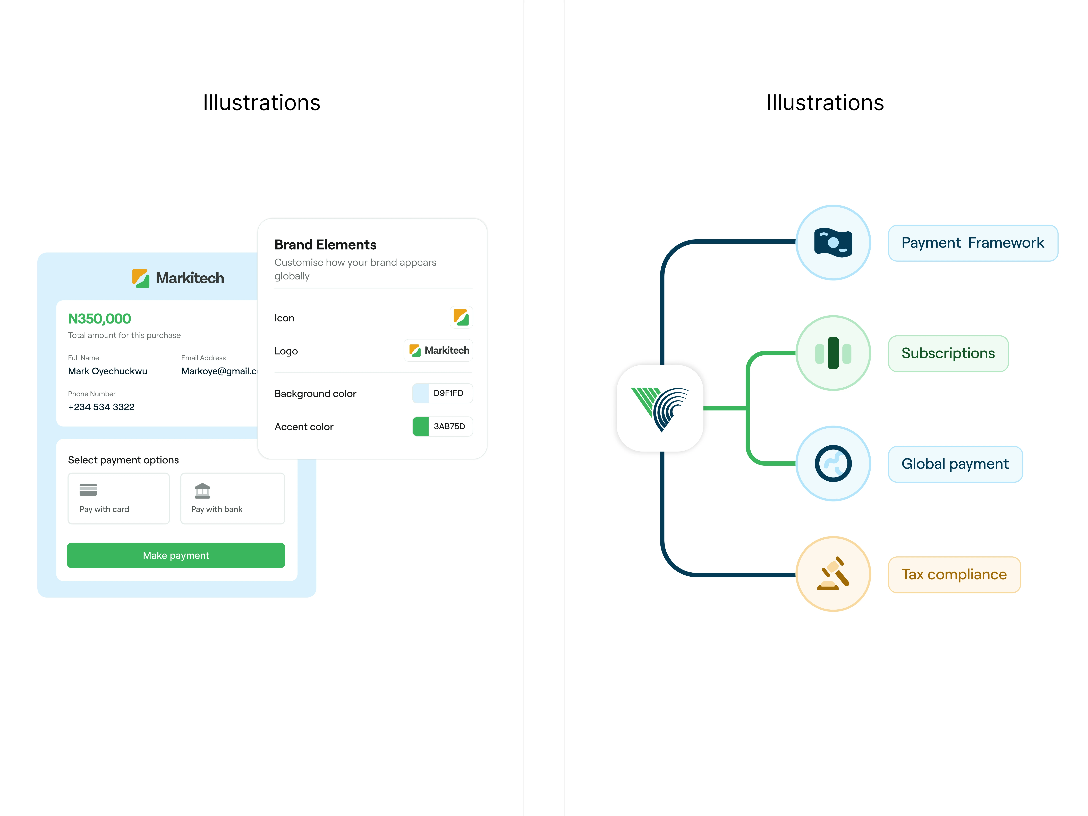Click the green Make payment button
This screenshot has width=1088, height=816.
click(x=176, y=555)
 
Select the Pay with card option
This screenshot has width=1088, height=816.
click(x=118, y=498)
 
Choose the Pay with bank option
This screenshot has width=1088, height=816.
click(x=233, y=498)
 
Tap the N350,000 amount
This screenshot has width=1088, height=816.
click(x=99, y=319)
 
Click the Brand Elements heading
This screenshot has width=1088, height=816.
click(x=325, y=244)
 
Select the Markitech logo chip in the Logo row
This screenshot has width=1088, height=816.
click(x=438, y=350)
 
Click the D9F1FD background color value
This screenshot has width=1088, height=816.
click(x=448, y=393)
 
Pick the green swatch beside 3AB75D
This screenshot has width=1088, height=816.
click(x=421, y=426)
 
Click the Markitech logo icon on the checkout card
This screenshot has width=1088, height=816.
click(x=141, y=278)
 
